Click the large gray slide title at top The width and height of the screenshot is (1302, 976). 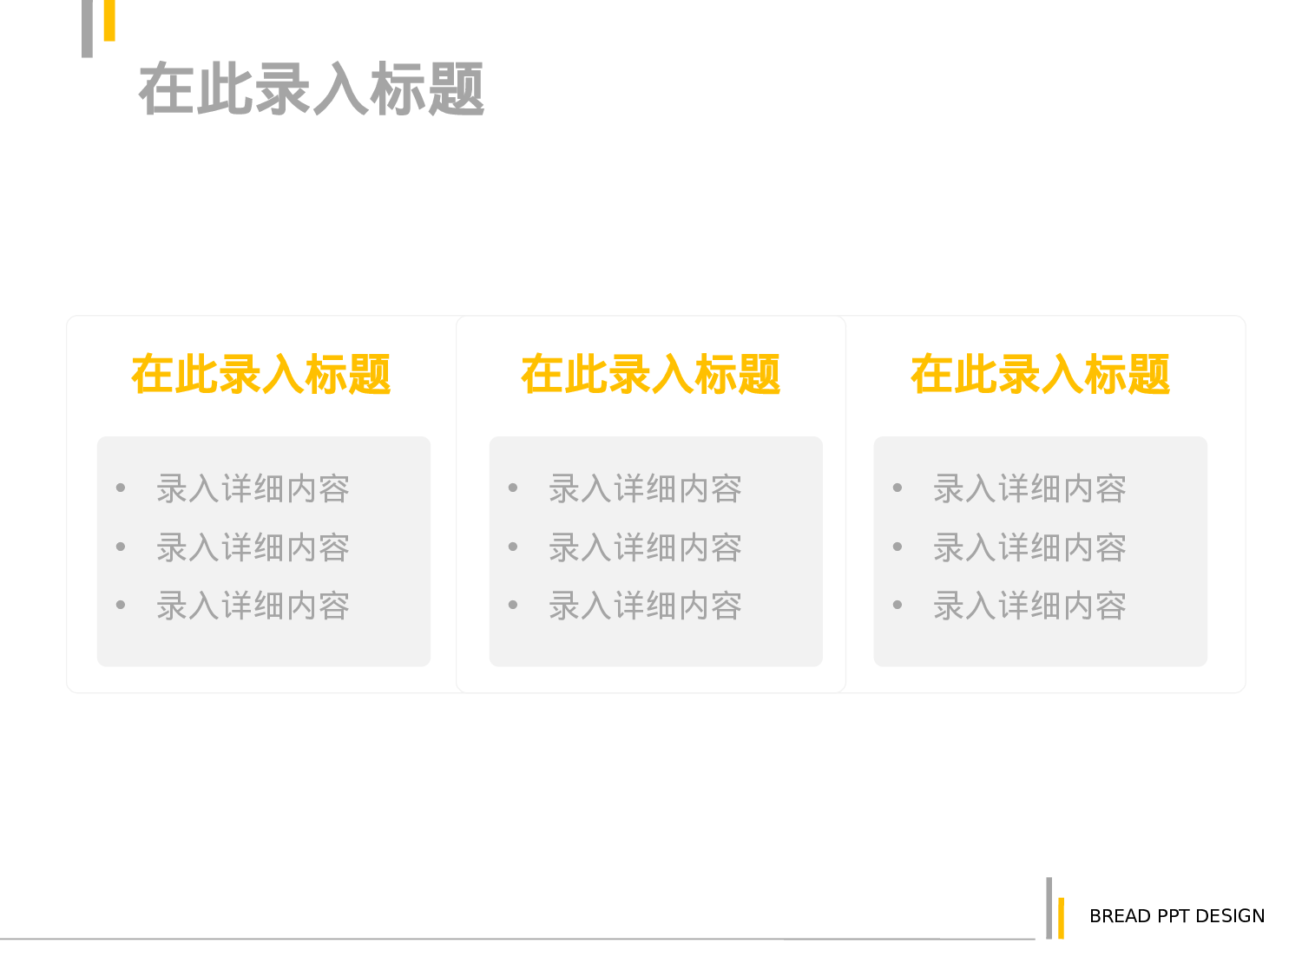(311, 88)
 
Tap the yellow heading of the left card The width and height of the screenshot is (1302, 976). (260, 375)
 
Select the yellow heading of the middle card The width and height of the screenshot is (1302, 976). (650, 375)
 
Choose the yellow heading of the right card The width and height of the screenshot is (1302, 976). (1040, 375)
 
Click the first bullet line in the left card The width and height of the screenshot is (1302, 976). (253, 489)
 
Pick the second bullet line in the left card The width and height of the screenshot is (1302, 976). (253, 548)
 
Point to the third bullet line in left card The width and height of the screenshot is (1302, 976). (253, 606)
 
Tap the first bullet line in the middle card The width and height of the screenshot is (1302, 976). (645, 489)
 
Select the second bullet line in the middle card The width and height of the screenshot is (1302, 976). (645, 548)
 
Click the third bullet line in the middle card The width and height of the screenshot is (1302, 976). (645, 606)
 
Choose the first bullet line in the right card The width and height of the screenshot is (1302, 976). (1029, 489)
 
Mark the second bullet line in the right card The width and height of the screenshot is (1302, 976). (1029, 548)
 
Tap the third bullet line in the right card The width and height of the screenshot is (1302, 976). (1029, 606)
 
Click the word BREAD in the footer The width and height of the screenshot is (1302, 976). (1120, 916)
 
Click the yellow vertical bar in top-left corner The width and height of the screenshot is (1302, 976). (109, 20)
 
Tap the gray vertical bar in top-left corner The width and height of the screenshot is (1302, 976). (87, 28)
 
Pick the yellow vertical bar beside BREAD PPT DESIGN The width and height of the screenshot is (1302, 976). (1061, 918)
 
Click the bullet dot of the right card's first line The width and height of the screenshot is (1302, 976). (898, 488)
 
